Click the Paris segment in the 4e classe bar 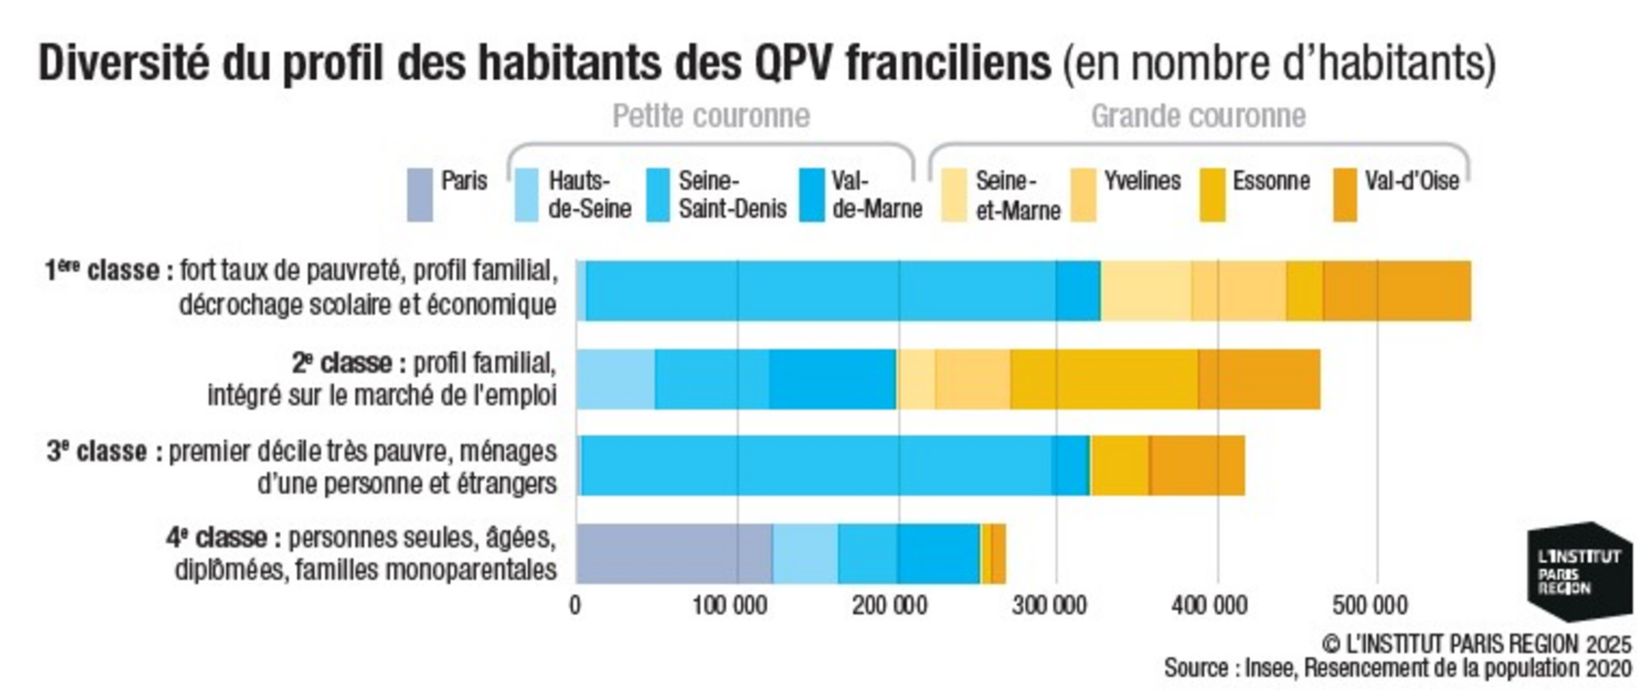673,553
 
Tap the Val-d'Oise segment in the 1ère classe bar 1396,291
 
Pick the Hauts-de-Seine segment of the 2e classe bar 615,380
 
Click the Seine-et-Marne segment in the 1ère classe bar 1147,291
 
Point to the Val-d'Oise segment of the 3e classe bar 1196,466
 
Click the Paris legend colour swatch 420,195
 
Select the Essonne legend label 1271,181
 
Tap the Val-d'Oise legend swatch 1344,195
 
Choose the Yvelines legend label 1142,181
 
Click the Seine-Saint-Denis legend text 732,195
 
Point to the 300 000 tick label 1049,606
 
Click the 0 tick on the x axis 575,606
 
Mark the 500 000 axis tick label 1369,606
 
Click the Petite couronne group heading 711,116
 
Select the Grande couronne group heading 1198,116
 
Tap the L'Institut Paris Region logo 1579,573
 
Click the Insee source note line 1397,668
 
